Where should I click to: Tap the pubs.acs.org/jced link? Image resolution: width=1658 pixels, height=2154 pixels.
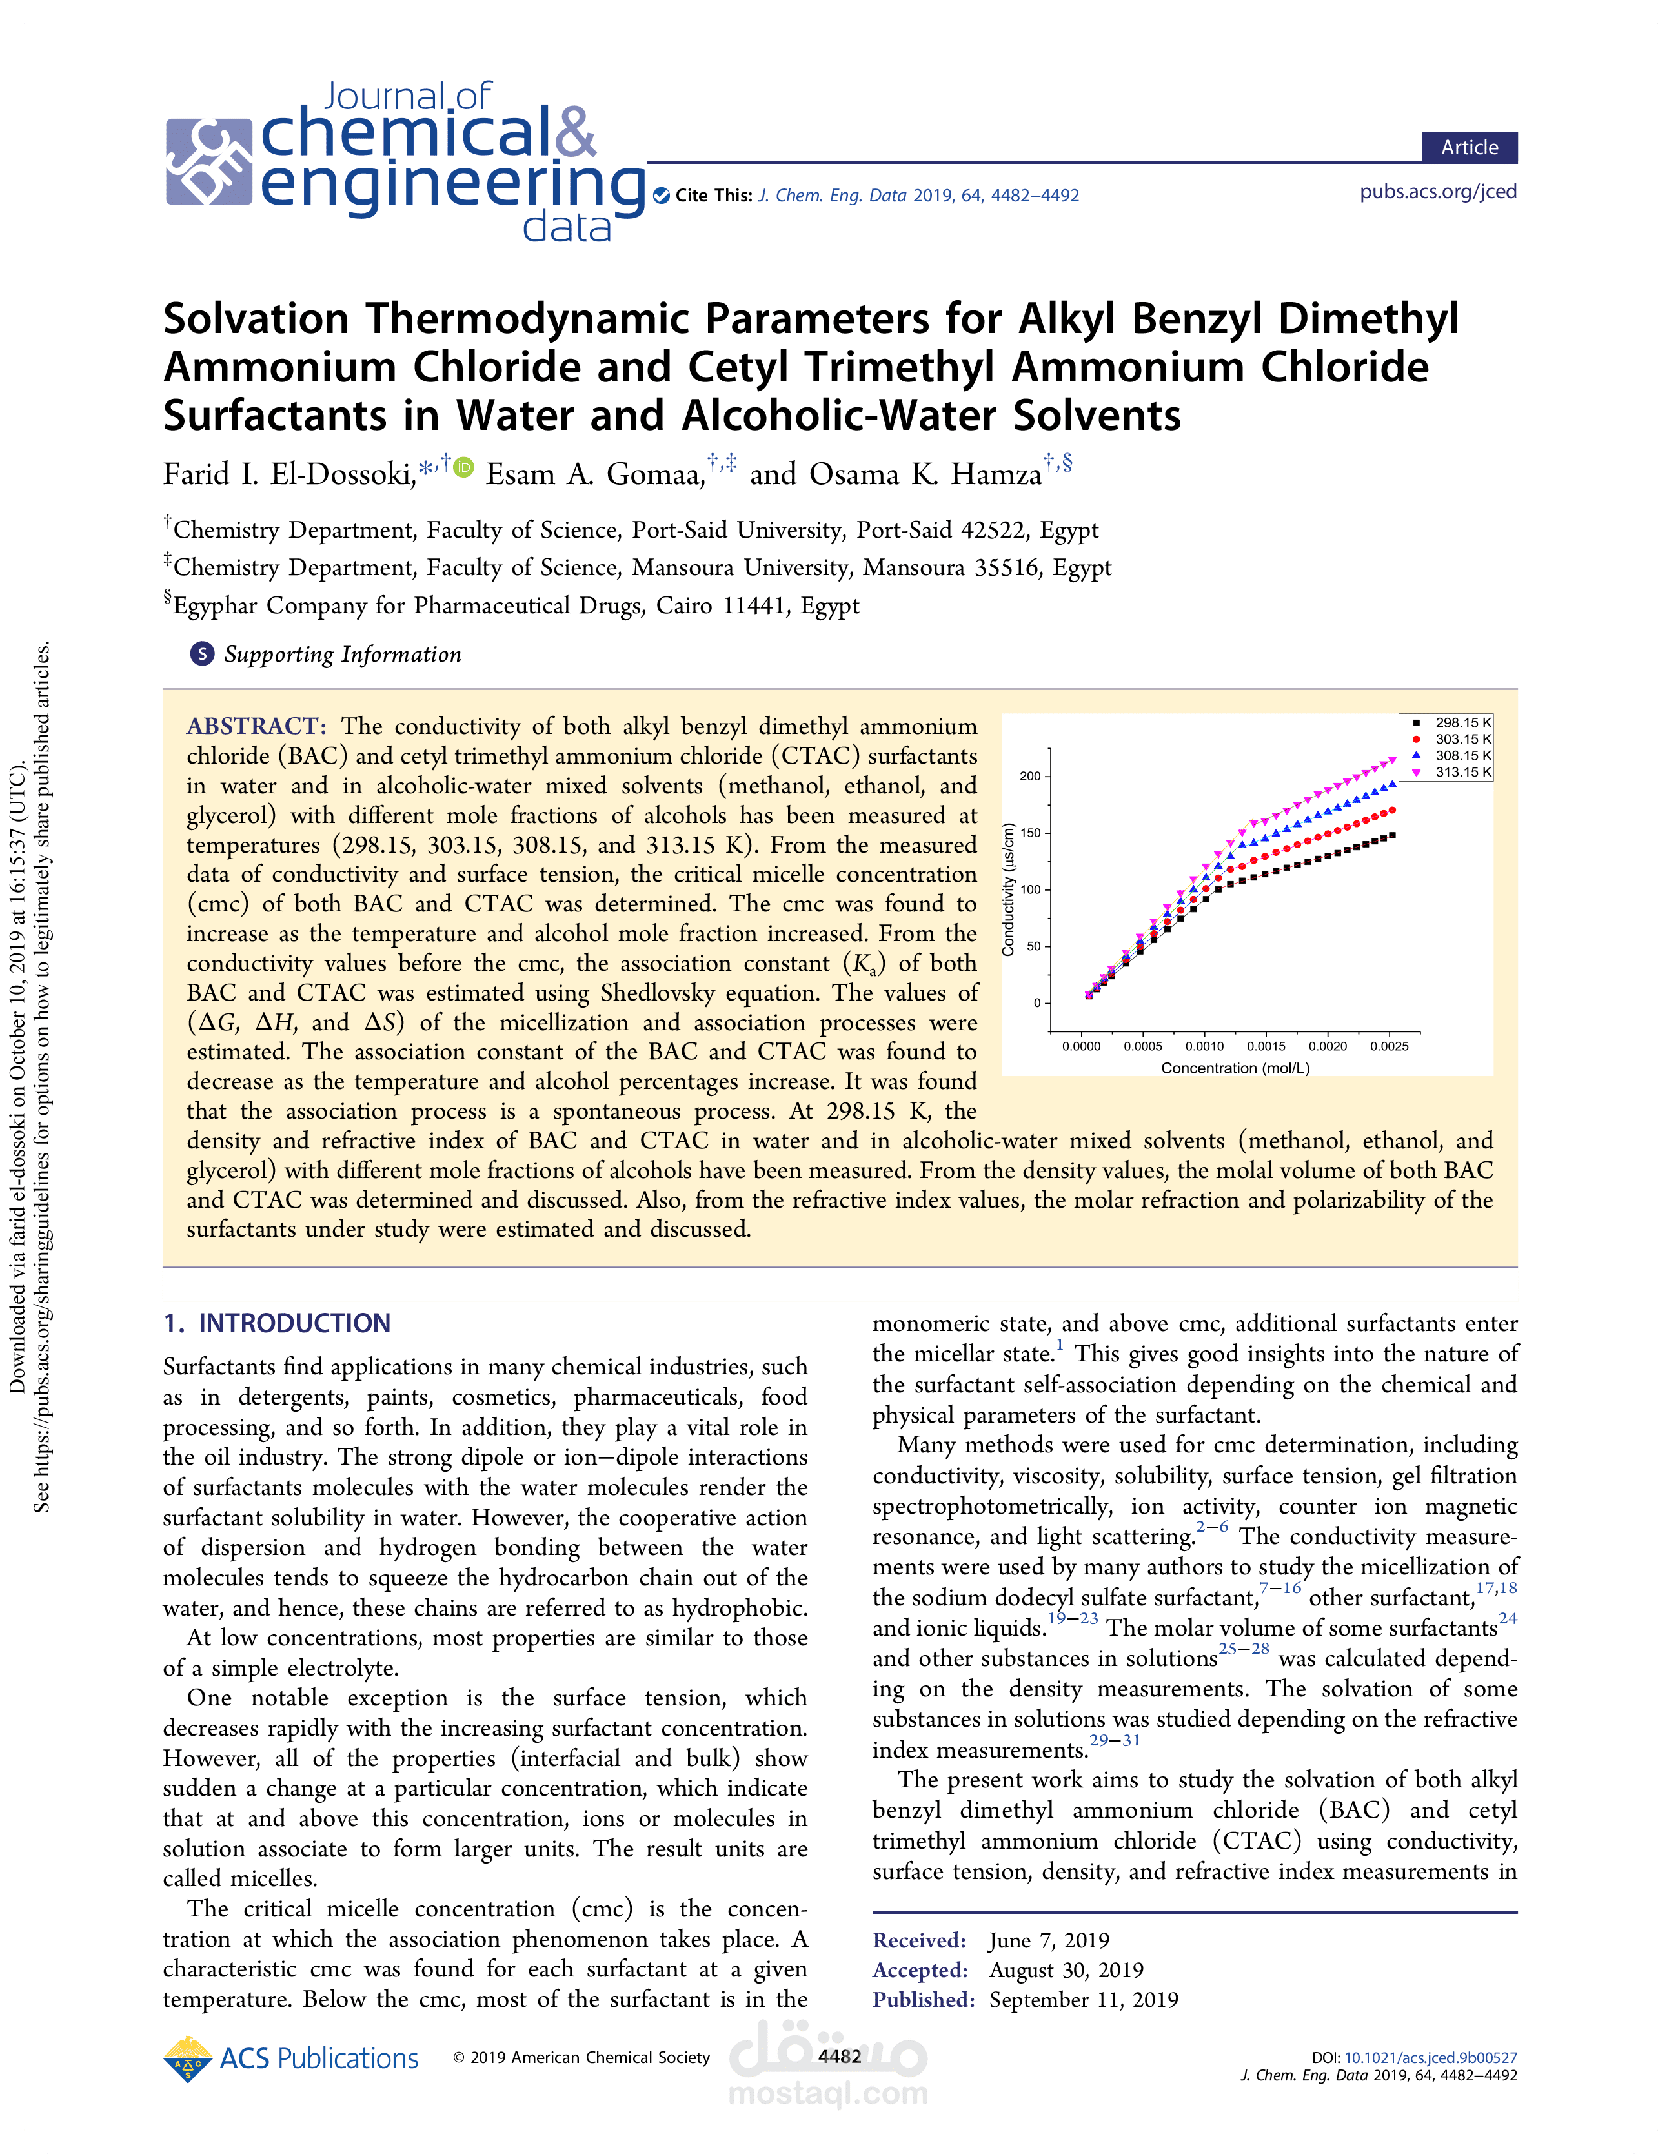(1437, 191)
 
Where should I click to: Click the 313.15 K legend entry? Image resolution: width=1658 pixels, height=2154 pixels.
(1462, 772)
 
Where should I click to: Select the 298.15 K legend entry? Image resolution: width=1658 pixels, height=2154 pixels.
(1462, 723)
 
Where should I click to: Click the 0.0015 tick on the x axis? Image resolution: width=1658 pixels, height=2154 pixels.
(1266, 1046)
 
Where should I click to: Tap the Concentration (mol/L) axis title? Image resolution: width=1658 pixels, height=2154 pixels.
(1235, 1068)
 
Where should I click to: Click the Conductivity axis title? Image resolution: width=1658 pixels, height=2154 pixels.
(1008, 889)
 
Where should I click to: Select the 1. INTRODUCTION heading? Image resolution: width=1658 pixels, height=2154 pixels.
(277, 1323)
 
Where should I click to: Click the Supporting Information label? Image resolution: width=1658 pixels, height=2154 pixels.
(342, 655)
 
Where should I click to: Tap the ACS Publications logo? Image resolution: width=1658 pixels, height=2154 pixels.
(291, 2058)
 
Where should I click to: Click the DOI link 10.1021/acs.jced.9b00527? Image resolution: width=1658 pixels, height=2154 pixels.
(1430, 2057)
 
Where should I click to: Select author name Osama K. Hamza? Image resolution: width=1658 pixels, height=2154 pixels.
(925, 475)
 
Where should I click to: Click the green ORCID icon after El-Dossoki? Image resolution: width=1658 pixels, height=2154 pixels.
(463, 467)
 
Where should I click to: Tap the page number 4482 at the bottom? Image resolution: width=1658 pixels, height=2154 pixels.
(840, 2057)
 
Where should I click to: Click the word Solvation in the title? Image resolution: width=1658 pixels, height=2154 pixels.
(256, 320)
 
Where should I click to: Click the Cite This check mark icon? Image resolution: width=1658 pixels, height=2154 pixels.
(661, 196)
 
